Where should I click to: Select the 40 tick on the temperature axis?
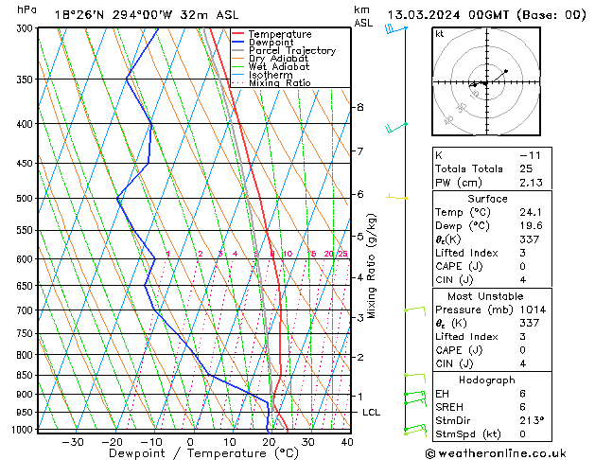347,442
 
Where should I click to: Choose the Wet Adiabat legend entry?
279,66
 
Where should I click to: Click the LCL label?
371,413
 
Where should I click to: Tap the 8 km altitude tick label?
360,107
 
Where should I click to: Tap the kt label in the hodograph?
440,34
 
